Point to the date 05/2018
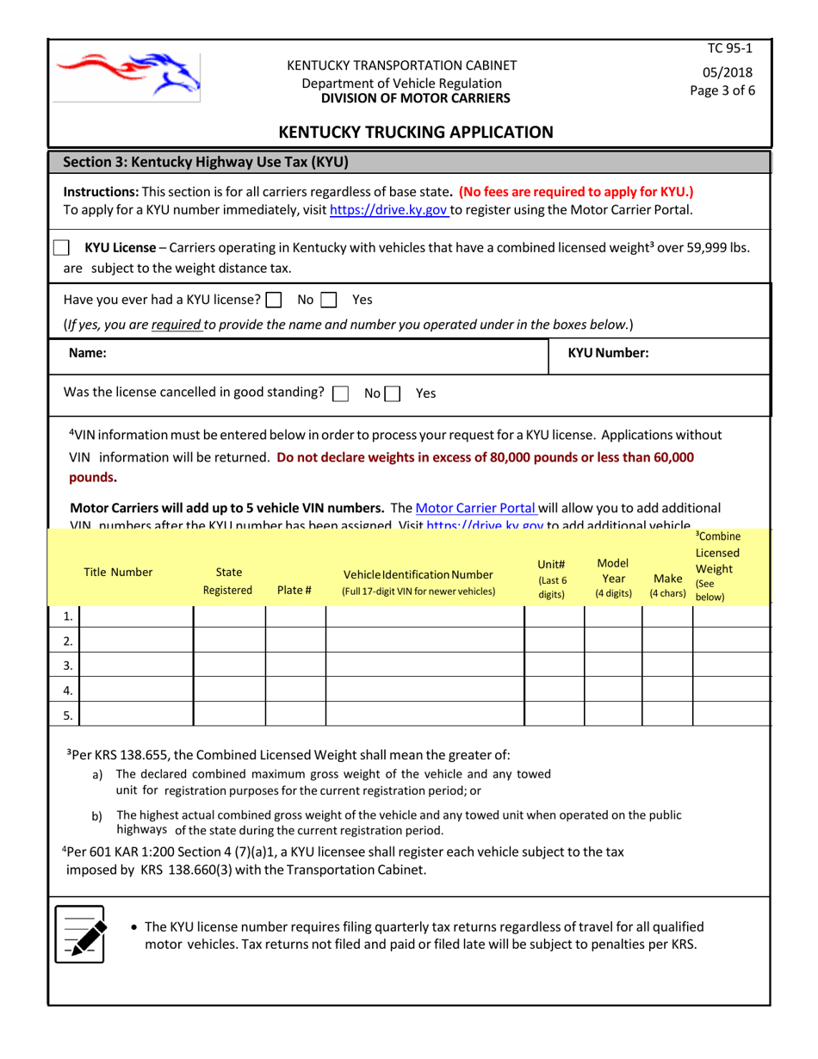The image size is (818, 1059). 729,72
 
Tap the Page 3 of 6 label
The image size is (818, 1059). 729,90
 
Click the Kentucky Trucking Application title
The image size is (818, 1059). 416,132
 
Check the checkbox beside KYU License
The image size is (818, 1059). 62,248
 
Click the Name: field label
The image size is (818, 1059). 87,352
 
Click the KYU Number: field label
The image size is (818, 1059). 609,352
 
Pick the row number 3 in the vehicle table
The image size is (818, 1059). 68,666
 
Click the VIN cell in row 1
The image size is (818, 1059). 424,616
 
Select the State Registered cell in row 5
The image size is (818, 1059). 228,715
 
